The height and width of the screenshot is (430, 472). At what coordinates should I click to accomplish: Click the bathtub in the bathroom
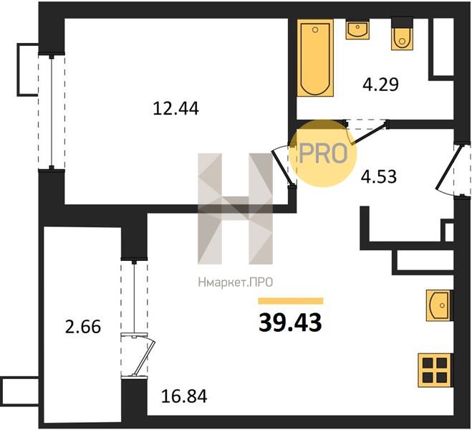(315, 58)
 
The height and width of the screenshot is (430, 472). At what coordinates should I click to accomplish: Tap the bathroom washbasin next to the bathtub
(357, 29)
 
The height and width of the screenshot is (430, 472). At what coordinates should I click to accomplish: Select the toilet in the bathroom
(402, 34)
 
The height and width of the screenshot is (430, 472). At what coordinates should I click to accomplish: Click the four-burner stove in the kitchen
(435, 370)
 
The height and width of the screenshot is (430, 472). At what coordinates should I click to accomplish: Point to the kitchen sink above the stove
(440, 305)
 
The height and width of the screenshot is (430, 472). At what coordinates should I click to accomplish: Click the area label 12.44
(175, 108)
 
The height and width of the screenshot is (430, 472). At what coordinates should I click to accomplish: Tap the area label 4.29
(380, 85)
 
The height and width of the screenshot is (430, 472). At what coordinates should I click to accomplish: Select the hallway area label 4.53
(379, 177)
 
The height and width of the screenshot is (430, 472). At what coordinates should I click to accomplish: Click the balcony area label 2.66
(83, 327)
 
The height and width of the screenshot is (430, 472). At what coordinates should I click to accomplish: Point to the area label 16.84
(184, 396)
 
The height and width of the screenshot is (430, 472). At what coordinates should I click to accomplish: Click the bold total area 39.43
(290, 322)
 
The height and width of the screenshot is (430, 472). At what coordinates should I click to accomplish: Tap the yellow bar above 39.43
(291, 301)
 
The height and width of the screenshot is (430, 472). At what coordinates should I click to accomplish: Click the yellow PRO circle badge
(323, 153)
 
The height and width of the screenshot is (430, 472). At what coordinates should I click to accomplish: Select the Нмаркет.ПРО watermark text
(236, 282)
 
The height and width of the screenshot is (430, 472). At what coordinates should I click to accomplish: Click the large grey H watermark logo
(235, 209)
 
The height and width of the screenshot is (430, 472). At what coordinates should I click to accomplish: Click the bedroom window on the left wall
(52, 111)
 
